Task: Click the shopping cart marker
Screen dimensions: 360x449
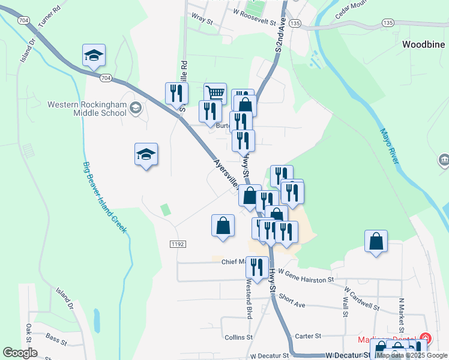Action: pyautogui.click(x=215, y=93)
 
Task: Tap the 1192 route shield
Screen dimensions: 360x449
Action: pyautogui.click(x=177, y=244)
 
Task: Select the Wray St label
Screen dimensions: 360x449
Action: pyautogui.click(x=201, y=20)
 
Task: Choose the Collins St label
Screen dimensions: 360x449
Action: pyautogui.click(x=238, y=338)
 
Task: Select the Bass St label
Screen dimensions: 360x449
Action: pyautogui.click(x=56, y=339)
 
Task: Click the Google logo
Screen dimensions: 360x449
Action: pyautogui.click(x=20, y=353)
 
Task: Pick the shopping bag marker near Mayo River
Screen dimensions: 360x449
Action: pyautogui.click(x=376, y=241)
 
